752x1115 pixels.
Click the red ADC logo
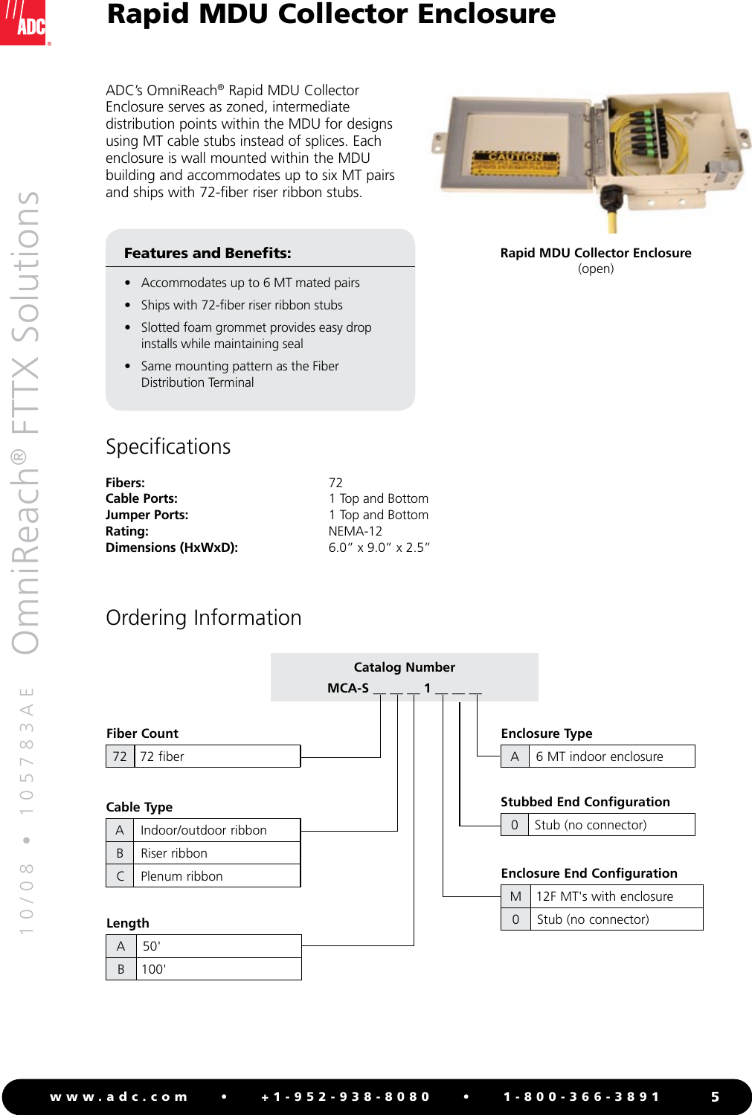click(25, 22)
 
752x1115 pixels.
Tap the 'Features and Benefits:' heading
click(208, 253)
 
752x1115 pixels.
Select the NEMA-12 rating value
click(355, 531)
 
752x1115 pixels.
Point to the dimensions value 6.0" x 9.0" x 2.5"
click(379, 547)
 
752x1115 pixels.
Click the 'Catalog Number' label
click(404, 667)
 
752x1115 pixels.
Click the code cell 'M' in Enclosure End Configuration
click(515, 896)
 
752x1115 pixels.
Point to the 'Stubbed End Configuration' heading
click(585, 802)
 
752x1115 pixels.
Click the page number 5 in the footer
click(715, 1097)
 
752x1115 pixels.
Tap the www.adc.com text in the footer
click(118, 1097)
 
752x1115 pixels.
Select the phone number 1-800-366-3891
click(581, 1097)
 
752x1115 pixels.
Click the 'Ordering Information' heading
click(203, 618)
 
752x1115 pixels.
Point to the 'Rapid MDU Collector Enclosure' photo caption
click(596, 253)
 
